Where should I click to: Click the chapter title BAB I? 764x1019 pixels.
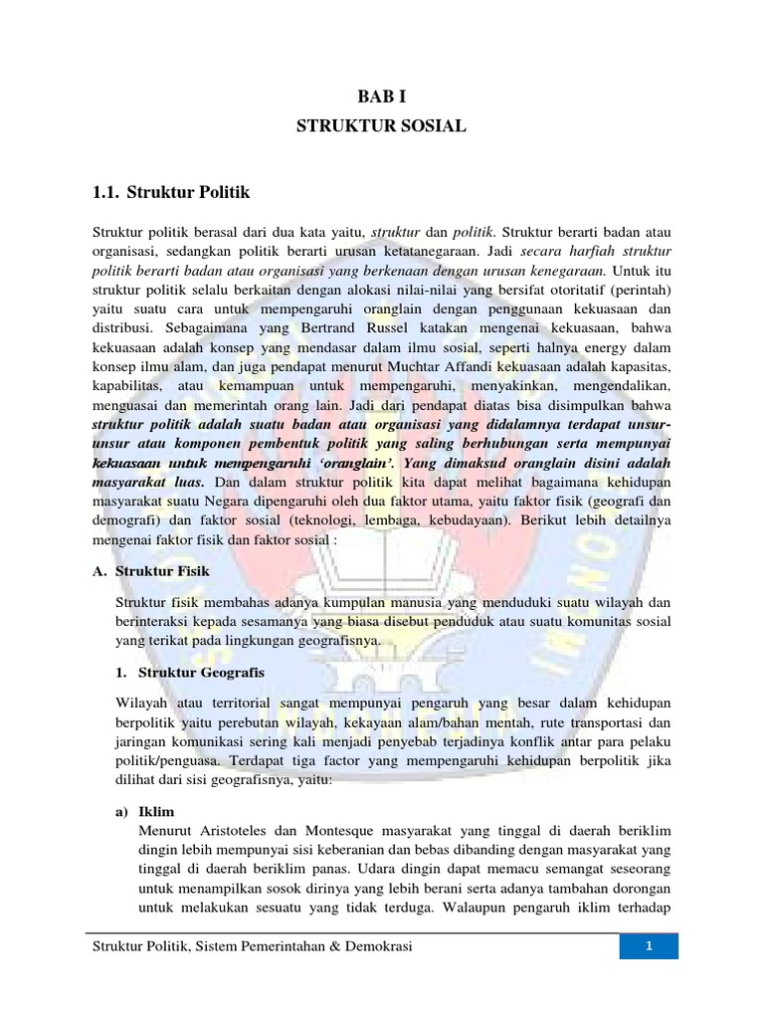click(381, 97)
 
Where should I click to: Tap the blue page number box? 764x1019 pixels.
click(649, 946)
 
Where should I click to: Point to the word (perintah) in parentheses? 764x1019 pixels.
click(641, 289)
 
